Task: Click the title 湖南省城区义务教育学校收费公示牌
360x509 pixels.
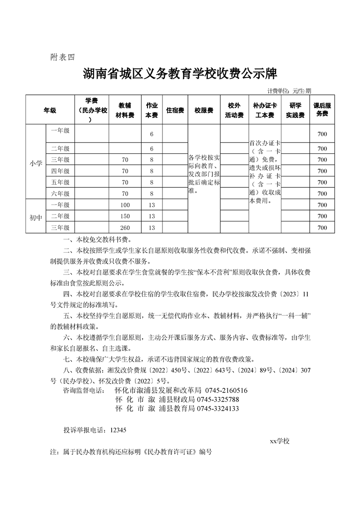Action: (x=180, y=73)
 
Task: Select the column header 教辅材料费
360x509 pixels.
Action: (x=126, y=110)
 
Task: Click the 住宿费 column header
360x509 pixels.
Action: (x=175, y=110)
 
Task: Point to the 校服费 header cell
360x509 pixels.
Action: (x=204, y=110)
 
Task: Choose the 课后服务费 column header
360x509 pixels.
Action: (x=322, y=110)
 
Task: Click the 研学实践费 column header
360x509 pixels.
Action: (x=295, y=110)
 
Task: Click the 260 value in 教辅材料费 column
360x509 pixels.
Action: (x=125, y=228)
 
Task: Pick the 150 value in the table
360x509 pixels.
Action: (x=125, y=216)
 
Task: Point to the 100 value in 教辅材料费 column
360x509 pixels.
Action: (x=125, y=205)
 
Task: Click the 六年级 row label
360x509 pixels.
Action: (x=60, y=194)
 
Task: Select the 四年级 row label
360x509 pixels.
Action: (x=60, y=171)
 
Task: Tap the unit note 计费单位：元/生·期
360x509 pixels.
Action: (x=289, y=91)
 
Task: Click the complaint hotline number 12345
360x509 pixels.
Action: (x=117, y=430)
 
